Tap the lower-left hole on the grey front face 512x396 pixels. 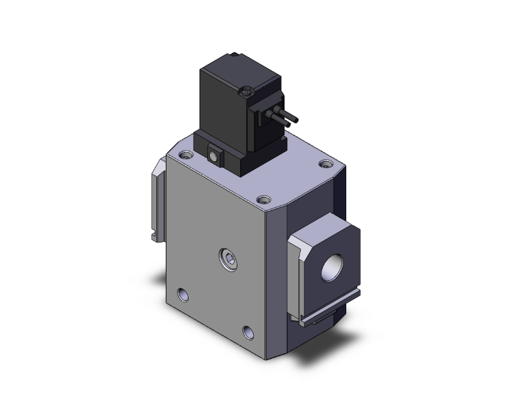click(x=182, y=295)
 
